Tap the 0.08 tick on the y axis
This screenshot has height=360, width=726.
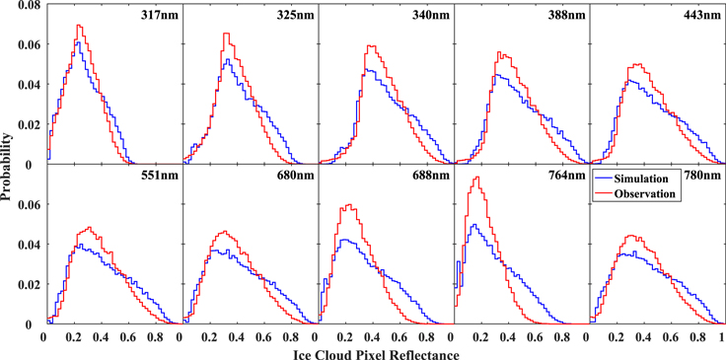pos(24,6)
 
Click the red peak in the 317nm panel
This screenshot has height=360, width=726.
pos(77,26)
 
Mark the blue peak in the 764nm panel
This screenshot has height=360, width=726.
pos(475,225)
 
